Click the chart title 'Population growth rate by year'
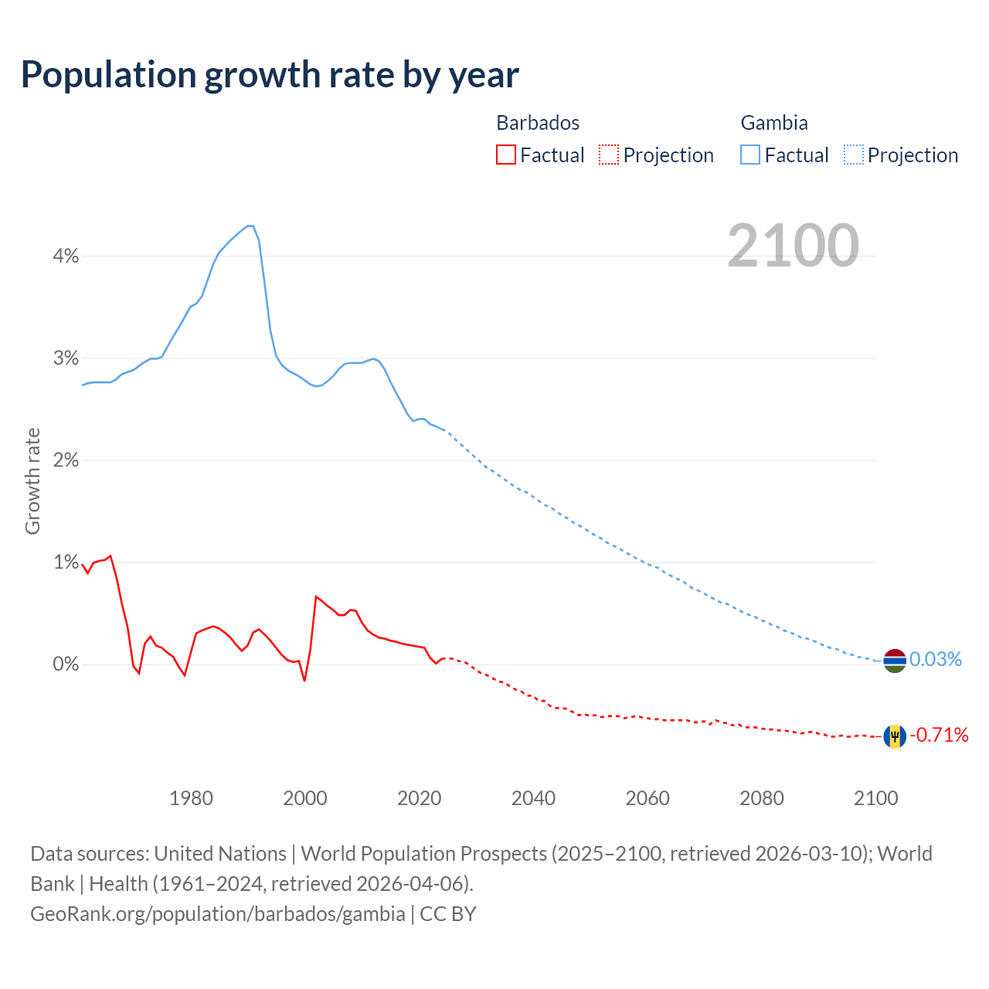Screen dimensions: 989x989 tap(270, 75)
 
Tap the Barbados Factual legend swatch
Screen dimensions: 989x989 tap(505, 155)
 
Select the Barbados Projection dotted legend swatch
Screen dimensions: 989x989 tap(609, 155)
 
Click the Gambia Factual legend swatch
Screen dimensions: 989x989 tap(749, 155)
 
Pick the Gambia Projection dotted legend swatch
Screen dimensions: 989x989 tap(854, 155)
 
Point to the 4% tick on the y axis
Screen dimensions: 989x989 tap(66, 257)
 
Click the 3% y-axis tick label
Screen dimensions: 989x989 tap(66, 359)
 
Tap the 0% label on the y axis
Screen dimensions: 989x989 tap(66, 664)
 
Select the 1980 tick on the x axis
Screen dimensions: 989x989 tap(191, 798)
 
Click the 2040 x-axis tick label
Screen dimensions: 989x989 tap(533, 798)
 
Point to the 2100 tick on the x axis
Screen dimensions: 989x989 tap(875, 798)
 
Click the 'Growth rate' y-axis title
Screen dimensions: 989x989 tap(32, 481)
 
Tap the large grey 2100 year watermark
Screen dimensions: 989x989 tap(793, 246)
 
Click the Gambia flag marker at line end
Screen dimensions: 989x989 tap(895, 661)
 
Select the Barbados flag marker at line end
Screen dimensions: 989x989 tap(895, 736)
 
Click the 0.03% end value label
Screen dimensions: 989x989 tap(936, 659)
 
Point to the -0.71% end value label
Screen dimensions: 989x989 tap(939, 735)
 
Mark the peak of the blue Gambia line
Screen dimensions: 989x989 tap(250, 226)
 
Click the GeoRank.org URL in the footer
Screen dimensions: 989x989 tap(218, 914)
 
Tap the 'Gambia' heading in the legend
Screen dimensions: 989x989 tap(774, 123)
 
